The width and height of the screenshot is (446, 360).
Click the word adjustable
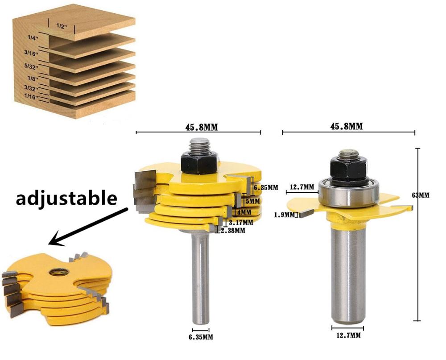pyautogui.click(x=66, y=198)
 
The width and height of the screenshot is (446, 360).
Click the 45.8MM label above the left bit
pyautogui.click(x=198, y=127)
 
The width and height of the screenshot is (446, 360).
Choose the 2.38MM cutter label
pyautogui.click(x=232, y=231)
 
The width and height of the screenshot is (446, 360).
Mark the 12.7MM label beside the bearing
pyautogui.click(x=301, y=187)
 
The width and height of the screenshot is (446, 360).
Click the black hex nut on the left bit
pyautogui.click(x=199, y=162)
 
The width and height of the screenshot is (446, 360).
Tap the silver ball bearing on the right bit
pyautogui.click(x=349, y=191)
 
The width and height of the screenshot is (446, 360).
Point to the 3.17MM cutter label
pyautogui.click(x=241, y=222)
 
